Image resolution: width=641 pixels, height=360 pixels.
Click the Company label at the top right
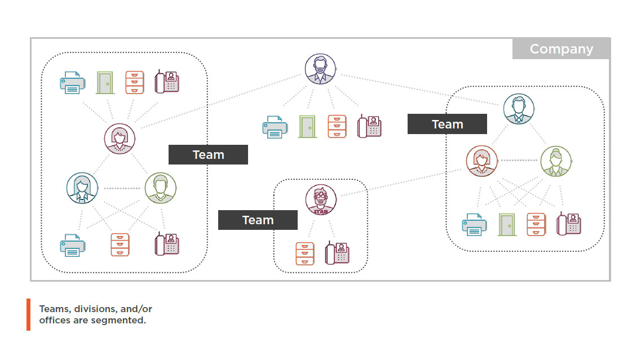pos(561,49)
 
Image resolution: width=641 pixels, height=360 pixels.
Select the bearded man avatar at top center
pos(320,69)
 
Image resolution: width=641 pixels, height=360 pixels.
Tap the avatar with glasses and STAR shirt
pos(321,200)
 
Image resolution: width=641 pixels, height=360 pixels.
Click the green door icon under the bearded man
pos(307,127)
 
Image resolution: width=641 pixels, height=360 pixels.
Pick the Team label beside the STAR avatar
pos(258,220)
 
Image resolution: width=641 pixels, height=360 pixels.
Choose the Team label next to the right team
pos(447,124)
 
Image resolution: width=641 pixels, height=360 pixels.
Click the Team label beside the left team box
pos(208,154)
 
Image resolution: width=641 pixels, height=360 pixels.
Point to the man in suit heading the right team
pos(519,109)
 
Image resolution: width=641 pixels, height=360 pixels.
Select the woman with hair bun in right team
pos(556,161)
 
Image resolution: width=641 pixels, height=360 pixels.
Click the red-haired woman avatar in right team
pos(482,161)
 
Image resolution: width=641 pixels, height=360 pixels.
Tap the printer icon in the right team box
pos(475,224)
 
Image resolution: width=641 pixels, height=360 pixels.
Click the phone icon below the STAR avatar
pos(338,254)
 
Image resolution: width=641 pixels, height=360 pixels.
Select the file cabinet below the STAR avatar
pos(305,254)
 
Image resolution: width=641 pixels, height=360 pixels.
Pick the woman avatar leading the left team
pos(120,138)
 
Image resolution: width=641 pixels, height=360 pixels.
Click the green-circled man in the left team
pos(161,188)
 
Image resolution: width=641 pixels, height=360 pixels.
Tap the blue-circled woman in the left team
pos(82,188)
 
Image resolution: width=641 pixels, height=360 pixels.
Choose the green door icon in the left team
pos(105,83)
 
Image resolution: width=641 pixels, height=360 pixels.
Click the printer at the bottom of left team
pos(73,246)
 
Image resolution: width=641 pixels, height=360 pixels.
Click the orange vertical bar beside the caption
pos(28,314)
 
